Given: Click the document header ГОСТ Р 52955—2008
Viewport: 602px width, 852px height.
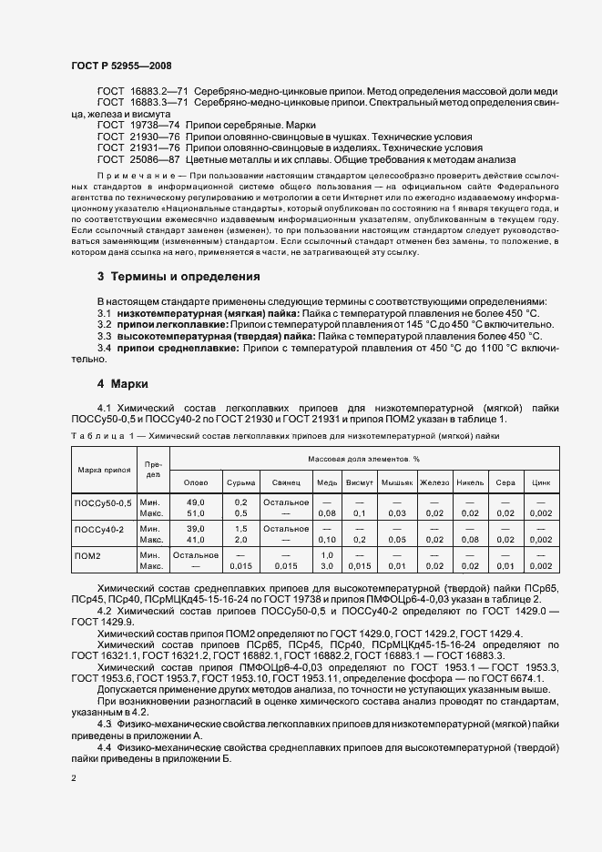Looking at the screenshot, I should pyautogui.click(x=121, y=66).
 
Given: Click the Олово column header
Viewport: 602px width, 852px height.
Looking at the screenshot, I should pyautogui.click(x=196, y=482).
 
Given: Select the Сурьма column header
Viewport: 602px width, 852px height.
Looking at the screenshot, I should pyautogui.click(x=240, y=482).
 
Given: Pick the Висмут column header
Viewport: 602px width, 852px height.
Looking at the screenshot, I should pyautogui.click(x=359, y=482).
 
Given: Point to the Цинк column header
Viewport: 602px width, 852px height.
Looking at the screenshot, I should pyautogui.click(x=541, y=482).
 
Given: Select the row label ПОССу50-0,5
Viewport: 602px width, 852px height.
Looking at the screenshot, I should pyautogui.click(x=102, y=502).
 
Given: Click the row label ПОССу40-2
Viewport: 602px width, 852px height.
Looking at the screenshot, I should pyautogui.click(x=98, y=529).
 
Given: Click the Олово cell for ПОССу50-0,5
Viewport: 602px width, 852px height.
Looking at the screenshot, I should pyautogui.click(x=196, y=508).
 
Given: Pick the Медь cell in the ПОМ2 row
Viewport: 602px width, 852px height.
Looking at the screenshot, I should pyautogui.click(x=327, y=560).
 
